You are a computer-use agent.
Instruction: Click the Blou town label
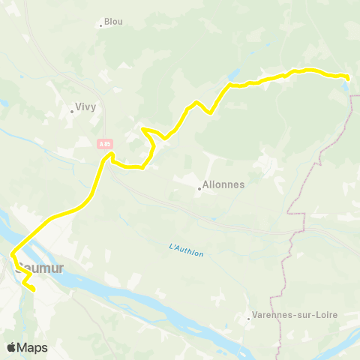pos(113,22)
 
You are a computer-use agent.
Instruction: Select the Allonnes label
pos(223,184)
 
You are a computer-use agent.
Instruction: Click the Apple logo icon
pos(11,347)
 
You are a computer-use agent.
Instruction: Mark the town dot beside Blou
pos(100,25)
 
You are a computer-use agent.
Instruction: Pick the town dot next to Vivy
pos(72,111)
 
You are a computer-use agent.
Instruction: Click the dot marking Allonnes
pos(199,188)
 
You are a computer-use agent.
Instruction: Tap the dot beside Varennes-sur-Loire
pos(249,319)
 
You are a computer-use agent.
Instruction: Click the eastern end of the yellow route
pos(349,77)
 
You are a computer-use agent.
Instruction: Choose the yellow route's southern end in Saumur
pos(34,289)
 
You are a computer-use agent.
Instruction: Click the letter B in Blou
pos(107,22)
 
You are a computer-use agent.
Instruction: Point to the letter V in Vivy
pos(77,106)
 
